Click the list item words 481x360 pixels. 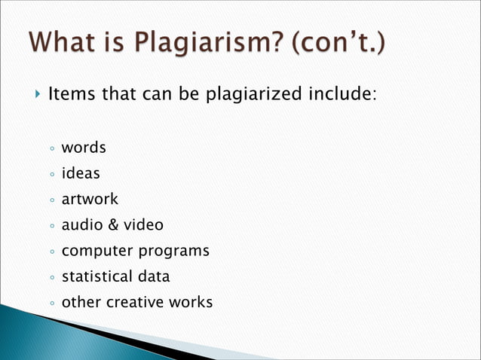83,147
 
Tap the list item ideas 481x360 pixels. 80,173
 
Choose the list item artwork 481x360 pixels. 90,199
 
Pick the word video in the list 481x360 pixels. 143,224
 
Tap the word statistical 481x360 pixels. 96,276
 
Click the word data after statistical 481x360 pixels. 153,276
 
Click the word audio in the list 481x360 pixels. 81,224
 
